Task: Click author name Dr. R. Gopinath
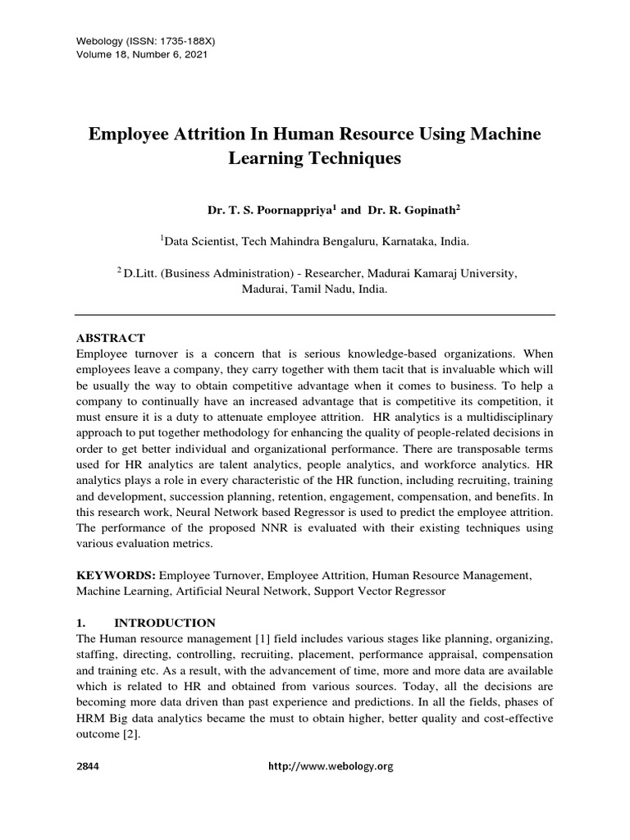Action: coord(409,211)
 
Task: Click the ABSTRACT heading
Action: coord(111,338)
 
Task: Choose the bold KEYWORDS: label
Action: coord(116,577)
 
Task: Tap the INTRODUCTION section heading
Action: coord(165,623)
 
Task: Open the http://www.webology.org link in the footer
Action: coord(331,766)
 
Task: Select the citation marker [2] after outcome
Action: coord(134,735)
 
